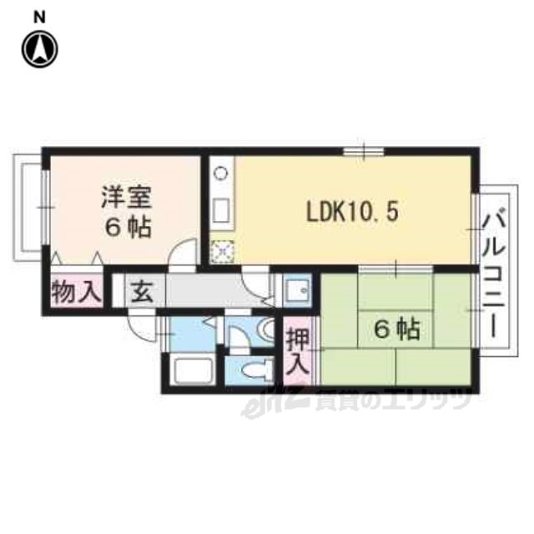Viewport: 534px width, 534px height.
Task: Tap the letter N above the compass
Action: (40, 18)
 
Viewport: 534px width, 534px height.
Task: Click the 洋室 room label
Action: (126, 198)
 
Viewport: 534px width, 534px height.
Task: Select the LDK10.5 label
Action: (352, 213)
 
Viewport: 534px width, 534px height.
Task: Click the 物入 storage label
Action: (77, 292)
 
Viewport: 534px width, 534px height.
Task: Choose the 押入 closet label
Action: (298, 351)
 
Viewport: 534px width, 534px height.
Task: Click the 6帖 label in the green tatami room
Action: (397, 330)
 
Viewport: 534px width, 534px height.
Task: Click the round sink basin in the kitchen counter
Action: (220, 173)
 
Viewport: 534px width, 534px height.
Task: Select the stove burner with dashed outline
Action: (222, 252)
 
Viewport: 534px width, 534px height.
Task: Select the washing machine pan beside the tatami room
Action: (298, 290)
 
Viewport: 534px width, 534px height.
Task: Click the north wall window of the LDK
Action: (364, 151)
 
